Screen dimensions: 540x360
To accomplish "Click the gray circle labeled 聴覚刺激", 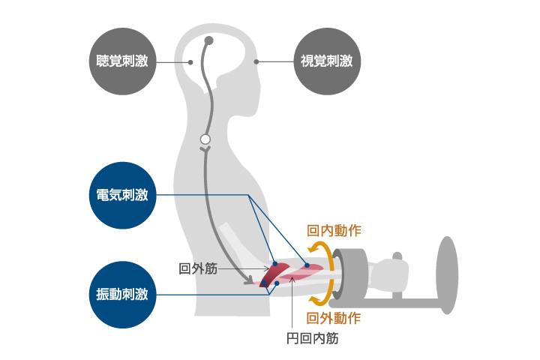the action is tap(122, 61).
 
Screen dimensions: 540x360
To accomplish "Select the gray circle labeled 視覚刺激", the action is tap(327, 61).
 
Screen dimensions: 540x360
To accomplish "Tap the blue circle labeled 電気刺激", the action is tap(122, 195).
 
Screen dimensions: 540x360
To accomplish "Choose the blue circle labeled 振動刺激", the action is tap(122, 295).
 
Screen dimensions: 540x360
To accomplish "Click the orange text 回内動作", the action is tap(334, 230).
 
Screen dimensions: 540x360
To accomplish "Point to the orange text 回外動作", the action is tap(334, 318).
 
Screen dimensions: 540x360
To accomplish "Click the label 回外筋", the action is tap(198, 268).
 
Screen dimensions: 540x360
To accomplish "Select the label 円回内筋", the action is tap(312, 339).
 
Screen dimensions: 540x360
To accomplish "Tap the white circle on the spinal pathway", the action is tap(205, 139).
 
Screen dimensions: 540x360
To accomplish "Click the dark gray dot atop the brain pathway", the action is tap(208, 41).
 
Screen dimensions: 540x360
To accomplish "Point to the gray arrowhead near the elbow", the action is tap(249, 280).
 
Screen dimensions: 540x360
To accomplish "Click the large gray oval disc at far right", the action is tap(447, 275).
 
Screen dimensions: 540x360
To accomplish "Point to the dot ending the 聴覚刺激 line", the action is tap(190, 62).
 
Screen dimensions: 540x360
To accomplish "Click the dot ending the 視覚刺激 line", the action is tap(256, 61).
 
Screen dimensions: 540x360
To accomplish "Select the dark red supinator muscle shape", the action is tap(274, 274).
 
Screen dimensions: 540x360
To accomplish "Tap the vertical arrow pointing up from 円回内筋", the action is tap(292, 302).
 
